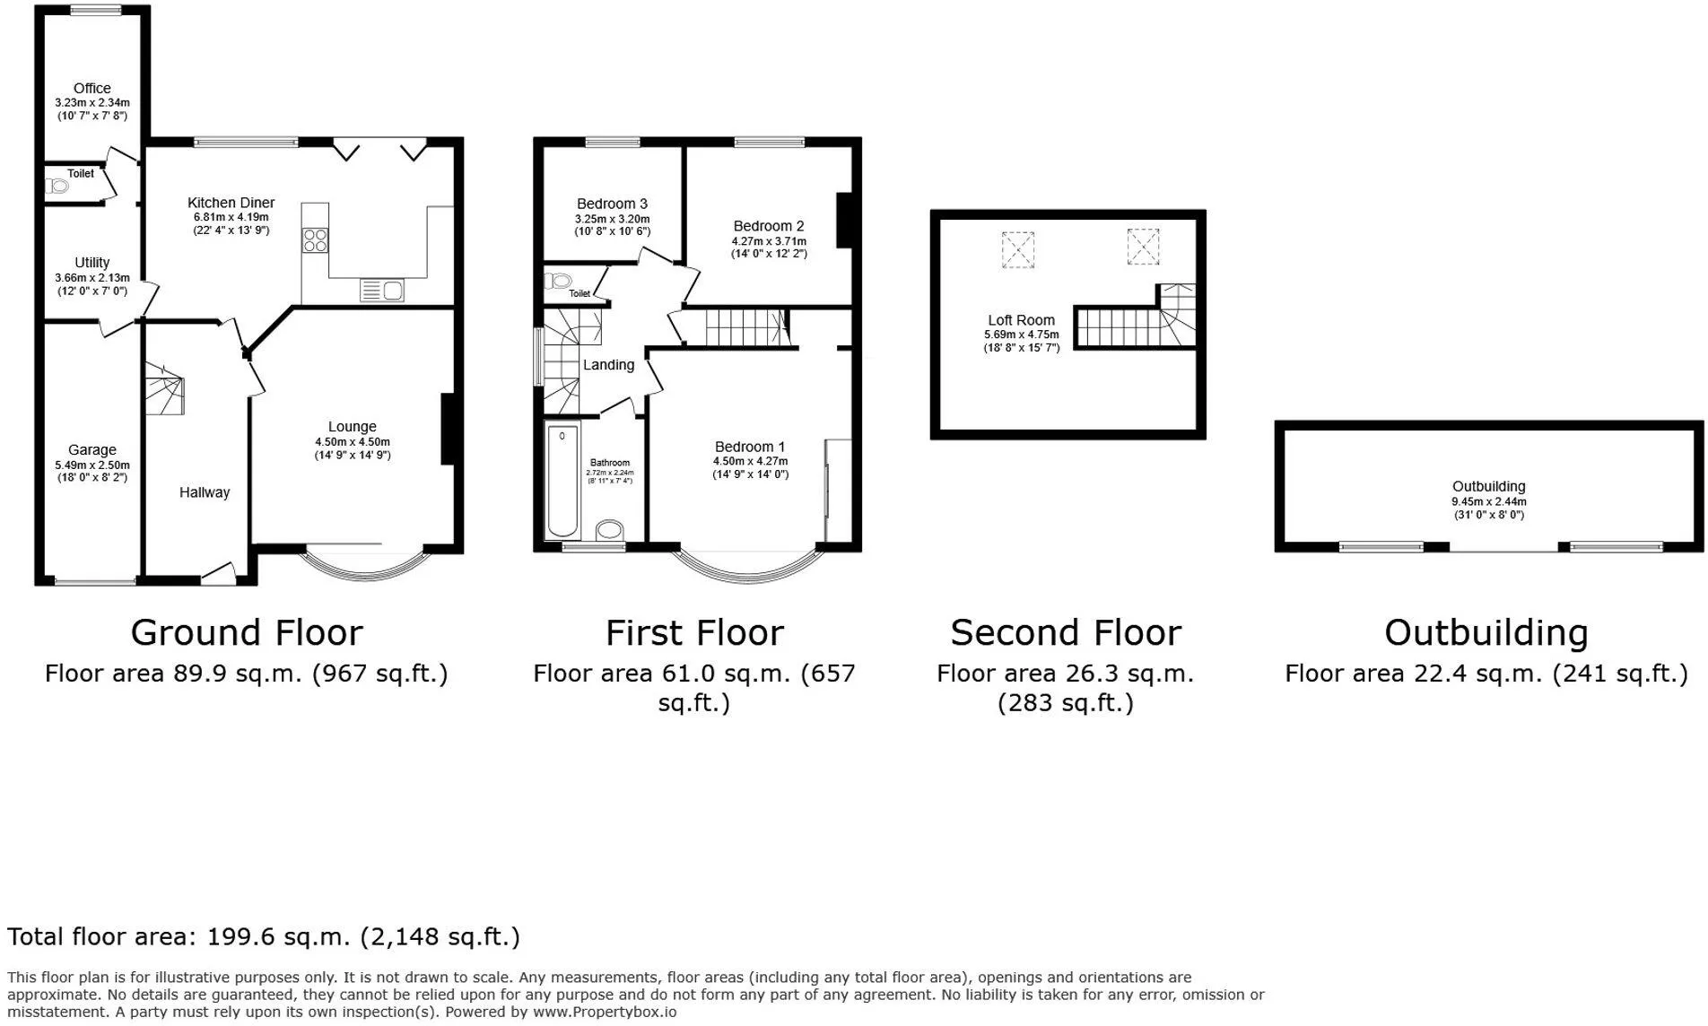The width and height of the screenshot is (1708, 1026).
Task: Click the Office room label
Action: pos(92,88)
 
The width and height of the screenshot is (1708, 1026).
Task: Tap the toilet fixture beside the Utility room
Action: pos(57,187)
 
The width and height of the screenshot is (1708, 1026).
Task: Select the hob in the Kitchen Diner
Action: pos(316,240)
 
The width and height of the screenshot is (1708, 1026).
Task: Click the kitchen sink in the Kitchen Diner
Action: pos(382,290)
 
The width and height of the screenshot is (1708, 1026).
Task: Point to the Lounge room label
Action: pos(353,427)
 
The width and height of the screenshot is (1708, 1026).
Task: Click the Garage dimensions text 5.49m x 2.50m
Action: pos(92,465)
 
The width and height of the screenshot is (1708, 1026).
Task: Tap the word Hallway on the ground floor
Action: pos(205,492)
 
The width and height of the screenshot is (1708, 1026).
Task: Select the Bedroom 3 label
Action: pos(613,204)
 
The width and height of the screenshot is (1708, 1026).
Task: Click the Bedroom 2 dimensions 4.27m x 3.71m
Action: pos(770,240)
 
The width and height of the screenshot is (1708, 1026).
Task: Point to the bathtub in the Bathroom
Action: pos(562,481)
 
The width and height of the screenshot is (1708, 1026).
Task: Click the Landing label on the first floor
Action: pos(609,365)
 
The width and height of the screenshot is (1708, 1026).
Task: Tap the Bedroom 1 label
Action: pos(750,447)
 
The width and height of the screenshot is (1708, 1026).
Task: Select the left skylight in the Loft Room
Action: pos(1018,249)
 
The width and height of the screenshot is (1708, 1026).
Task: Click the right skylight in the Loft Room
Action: pos(1143,247)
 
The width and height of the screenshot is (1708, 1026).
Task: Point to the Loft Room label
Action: pos(1022,320)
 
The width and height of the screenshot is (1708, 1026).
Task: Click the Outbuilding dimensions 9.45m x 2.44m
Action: pos(1489,501)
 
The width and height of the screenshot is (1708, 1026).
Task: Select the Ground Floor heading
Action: pos(247,632)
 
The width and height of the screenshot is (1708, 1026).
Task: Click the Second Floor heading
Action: pos(1066,632)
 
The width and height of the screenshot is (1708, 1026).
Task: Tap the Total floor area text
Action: pos(264,936)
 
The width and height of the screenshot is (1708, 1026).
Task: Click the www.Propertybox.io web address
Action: pos(606,1012)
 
